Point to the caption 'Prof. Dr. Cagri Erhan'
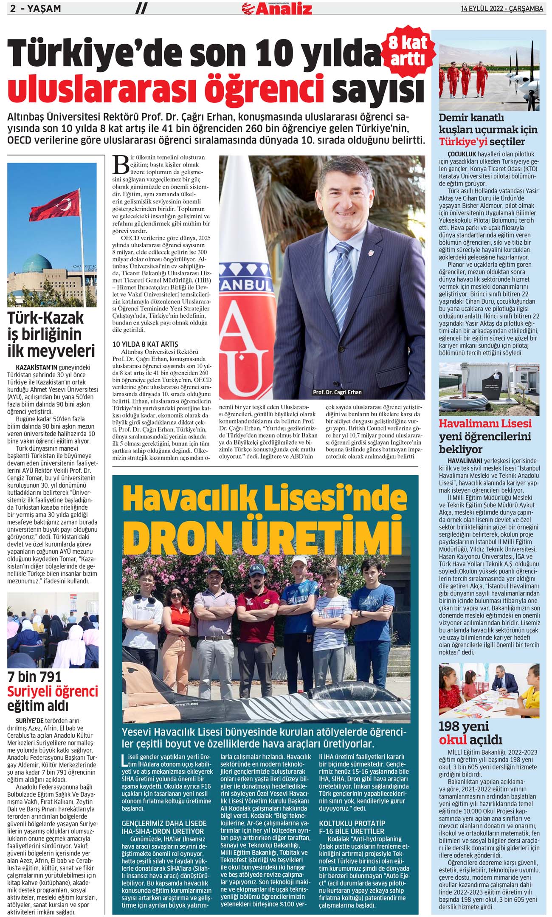tap(337, 392)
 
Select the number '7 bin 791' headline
tap(34, 677)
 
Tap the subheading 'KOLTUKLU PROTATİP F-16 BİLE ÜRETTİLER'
tap(352, 827)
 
